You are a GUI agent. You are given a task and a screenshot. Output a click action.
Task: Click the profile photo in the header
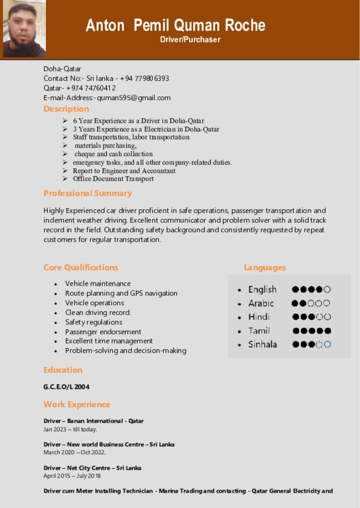24,29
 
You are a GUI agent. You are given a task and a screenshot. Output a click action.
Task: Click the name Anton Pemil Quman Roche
175,25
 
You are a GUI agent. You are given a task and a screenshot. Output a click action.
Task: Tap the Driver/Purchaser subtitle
190,40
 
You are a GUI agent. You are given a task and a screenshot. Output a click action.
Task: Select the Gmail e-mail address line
107,98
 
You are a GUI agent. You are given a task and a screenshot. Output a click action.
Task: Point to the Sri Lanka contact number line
106,78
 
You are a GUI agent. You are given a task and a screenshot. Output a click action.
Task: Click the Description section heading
66,109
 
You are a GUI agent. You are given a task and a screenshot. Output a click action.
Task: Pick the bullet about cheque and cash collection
114,154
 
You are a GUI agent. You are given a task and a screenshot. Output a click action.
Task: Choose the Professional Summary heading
87,193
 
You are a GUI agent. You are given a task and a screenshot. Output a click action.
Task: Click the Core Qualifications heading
80,267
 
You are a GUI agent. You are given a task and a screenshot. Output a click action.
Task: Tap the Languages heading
265,267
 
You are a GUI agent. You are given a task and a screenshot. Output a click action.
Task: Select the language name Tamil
259,330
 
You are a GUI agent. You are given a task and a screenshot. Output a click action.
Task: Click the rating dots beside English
311,289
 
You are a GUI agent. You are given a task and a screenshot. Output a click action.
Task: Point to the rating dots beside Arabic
311,303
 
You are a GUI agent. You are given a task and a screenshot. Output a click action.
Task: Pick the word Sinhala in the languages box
263,344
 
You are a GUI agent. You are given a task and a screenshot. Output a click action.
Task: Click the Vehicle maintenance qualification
98,284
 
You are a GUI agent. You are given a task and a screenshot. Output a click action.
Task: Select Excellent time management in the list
109,341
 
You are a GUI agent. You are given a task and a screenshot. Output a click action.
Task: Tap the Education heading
63,370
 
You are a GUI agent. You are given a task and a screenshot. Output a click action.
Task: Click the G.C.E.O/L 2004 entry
67,387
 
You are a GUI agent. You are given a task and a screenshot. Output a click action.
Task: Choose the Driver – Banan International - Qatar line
93,421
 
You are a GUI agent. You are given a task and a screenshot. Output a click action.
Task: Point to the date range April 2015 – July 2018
72,476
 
